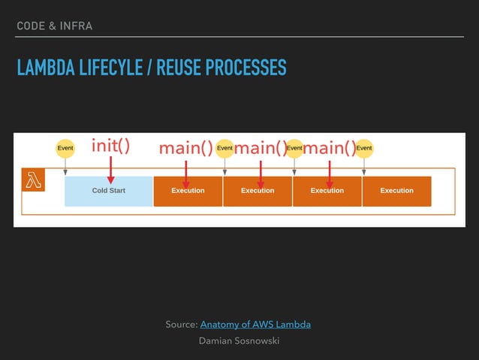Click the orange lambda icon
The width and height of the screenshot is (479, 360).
[x=34, y=180]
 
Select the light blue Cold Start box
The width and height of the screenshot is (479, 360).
[x=109, y=191]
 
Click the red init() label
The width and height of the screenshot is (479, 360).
[x=110, y=146]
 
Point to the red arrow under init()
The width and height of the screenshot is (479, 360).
[x=110, y=170]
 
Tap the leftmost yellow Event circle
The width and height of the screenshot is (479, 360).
[x=65, y=148]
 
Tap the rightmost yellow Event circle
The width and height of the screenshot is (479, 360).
[x=363, y=148]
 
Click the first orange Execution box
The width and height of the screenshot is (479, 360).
[x=188, y=191]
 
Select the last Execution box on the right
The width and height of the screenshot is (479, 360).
[x=396, y=191]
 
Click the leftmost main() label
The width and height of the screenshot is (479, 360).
[x=185, y=148]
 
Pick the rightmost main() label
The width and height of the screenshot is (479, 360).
[x=329, y=148]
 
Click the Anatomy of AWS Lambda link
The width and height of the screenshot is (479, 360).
[x=255, y=325]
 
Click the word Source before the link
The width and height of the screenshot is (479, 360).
[x=181, y=325]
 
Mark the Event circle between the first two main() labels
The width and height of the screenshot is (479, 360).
[x=224, y=148]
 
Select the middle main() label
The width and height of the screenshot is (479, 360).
[x=261, y=148]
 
